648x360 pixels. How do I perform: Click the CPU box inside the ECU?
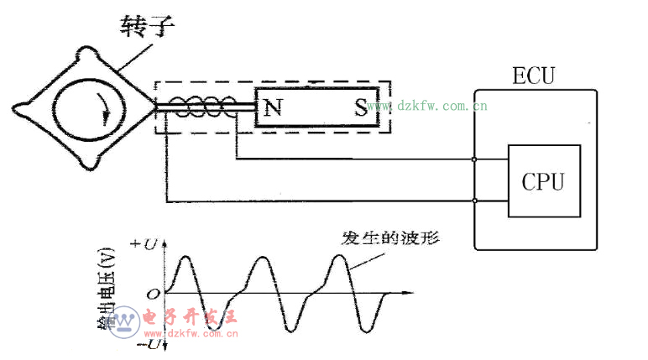(543, 181)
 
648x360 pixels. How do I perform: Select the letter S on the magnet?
(360, 107)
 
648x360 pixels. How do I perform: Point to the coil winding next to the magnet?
(202, 107)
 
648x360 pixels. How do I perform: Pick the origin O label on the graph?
(151, 294)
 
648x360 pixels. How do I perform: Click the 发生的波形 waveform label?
(391, 237)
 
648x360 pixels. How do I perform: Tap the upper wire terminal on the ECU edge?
(475, 159)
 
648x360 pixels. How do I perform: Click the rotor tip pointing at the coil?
(155, 107)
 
